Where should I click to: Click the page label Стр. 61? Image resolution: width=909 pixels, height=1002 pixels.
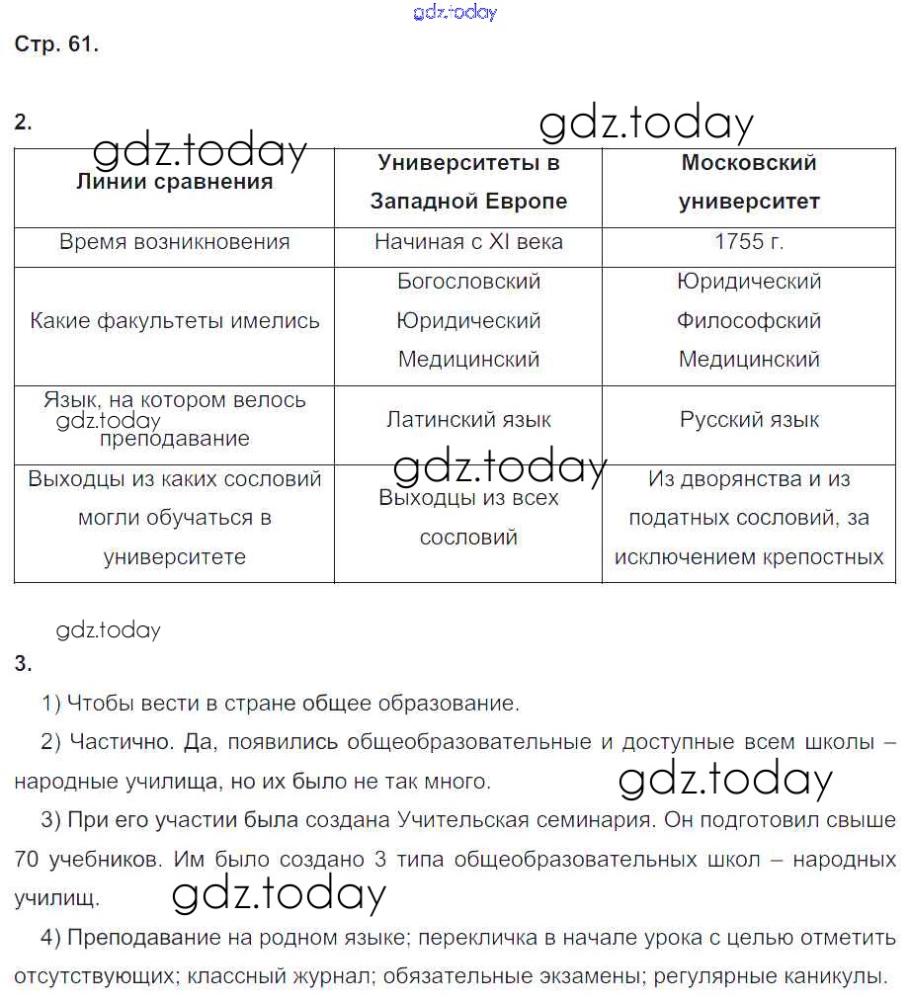coord(56,44)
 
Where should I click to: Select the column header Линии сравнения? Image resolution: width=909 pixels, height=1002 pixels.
coord(175,182)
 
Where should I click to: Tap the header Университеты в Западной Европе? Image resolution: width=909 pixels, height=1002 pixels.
coord(468,182)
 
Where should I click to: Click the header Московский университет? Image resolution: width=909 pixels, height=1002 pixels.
coord(749,182)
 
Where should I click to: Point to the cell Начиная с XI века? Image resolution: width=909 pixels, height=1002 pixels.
coord(468,242)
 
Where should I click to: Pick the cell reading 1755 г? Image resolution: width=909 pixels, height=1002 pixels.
coord(749,242)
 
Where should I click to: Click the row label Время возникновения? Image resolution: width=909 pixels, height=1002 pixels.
coord(175,242)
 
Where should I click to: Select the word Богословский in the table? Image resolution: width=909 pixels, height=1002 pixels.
coord(468,282)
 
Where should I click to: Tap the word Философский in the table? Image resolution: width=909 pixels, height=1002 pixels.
coord(749,321)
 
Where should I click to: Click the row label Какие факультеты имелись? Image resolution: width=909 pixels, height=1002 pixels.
coord(175,321)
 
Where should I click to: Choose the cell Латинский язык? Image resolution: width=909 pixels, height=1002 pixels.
coord(468,420)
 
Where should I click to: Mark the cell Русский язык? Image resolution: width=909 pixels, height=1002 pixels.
coord(749,420)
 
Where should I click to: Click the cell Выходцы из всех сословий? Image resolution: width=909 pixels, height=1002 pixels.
coord(468,518)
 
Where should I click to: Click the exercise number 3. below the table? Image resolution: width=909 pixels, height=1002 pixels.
coord(24,663)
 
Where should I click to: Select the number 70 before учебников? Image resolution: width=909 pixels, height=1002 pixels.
coord(28,860)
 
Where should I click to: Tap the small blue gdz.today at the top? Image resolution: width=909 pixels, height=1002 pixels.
coord(454,13)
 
